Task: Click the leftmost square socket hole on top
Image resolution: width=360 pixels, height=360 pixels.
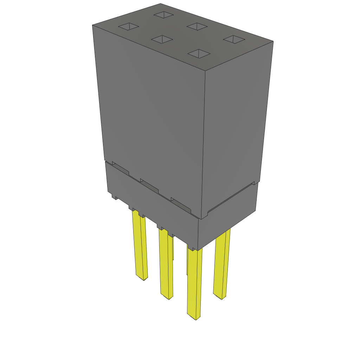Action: point(129,26)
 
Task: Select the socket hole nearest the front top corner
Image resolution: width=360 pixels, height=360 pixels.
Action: point(199,53)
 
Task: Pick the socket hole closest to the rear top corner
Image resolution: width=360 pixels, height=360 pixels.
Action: point(163,15)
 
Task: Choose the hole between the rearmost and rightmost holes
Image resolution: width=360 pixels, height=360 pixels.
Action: point(197,26)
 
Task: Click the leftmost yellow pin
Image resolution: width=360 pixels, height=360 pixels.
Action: point(140,246)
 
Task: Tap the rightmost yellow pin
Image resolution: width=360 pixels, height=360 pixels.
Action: point(222,264)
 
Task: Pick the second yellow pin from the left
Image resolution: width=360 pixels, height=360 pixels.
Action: point(166,264)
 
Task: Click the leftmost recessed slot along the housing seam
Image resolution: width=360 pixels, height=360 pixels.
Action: point(120,168)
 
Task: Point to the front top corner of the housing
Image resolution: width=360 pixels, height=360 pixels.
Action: point(205,72)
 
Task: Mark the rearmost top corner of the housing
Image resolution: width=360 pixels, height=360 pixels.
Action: point(161,4)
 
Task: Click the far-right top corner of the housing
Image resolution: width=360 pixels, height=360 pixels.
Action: point(273,41)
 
